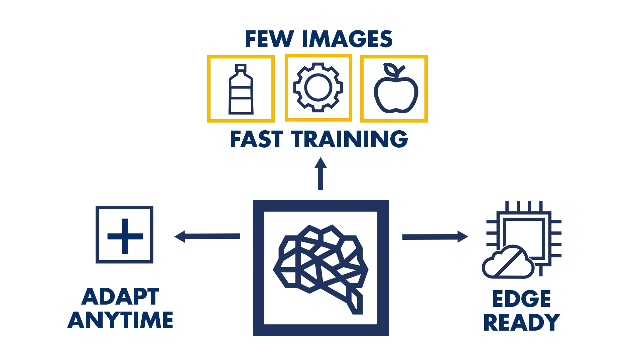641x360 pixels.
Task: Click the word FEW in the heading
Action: [269, 39]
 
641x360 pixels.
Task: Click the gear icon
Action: [318, 87]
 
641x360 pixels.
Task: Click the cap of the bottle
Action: [241, 68]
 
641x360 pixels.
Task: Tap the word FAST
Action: [256, 139]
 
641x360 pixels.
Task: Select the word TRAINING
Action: [350, 139]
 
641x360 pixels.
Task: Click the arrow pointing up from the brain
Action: [320, 174]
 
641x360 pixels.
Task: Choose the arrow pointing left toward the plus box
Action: [207, 236]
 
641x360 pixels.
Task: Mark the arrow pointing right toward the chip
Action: [434, 237]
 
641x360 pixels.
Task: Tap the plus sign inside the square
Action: [125, 236]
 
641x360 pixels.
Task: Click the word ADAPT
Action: [120, 297]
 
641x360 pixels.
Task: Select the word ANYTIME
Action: [120, 320]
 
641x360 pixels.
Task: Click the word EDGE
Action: [521, 299]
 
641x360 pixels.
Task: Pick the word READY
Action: [521, 322]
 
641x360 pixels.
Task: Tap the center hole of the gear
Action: [318, 87]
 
